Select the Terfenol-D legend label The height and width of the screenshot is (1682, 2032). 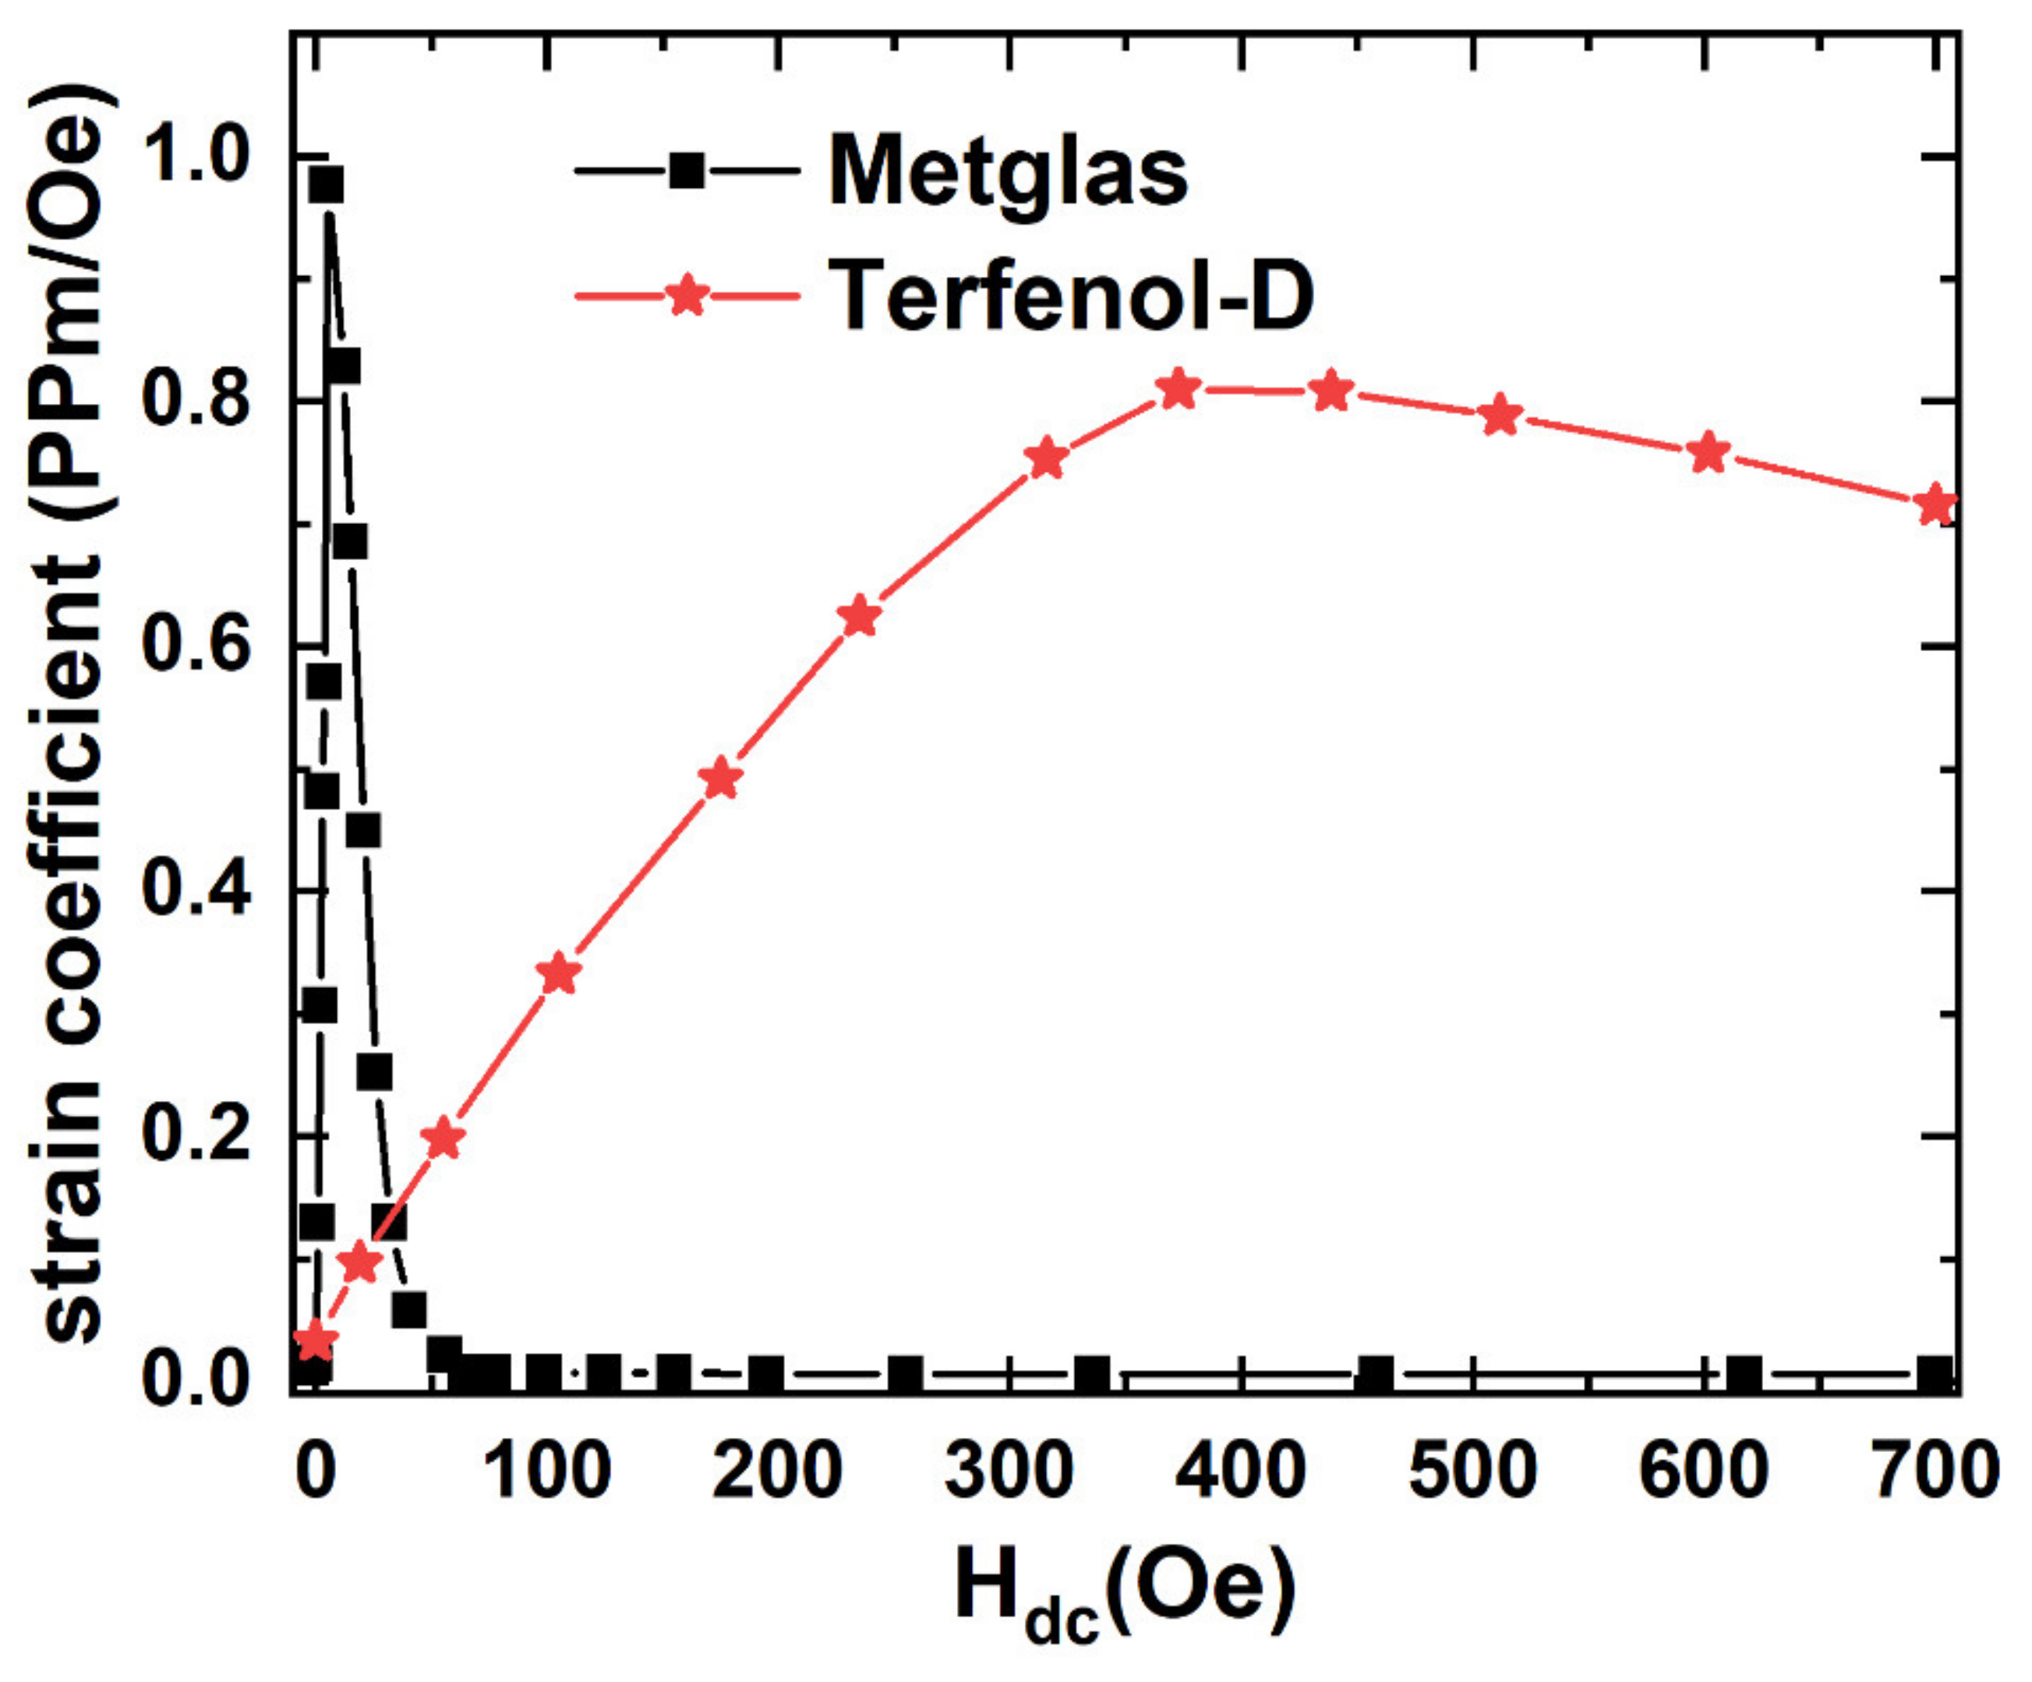tap(1073, 296)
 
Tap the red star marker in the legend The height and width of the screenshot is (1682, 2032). tap(687, 296)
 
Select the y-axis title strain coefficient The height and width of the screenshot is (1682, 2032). tap(72, 716)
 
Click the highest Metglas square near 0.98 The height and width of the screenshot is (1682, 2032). tap(326, 184)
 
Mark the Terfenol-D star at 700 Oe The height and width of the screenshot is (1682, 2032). tap(1935, 505)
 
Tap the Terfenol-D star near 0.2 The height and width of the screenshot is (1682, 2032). tap(444, 1138)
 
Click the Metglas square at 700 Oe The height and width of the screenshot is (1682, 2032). tap(1935, 1374)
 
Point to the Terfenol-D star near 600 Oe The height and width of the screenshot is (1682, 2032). tap(1709, 453)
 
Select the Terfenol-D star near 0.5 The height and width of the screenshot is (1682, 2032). tap(722, 778)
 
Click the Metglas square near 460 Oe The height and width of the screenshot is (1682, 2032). tap(1376, 1374)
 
